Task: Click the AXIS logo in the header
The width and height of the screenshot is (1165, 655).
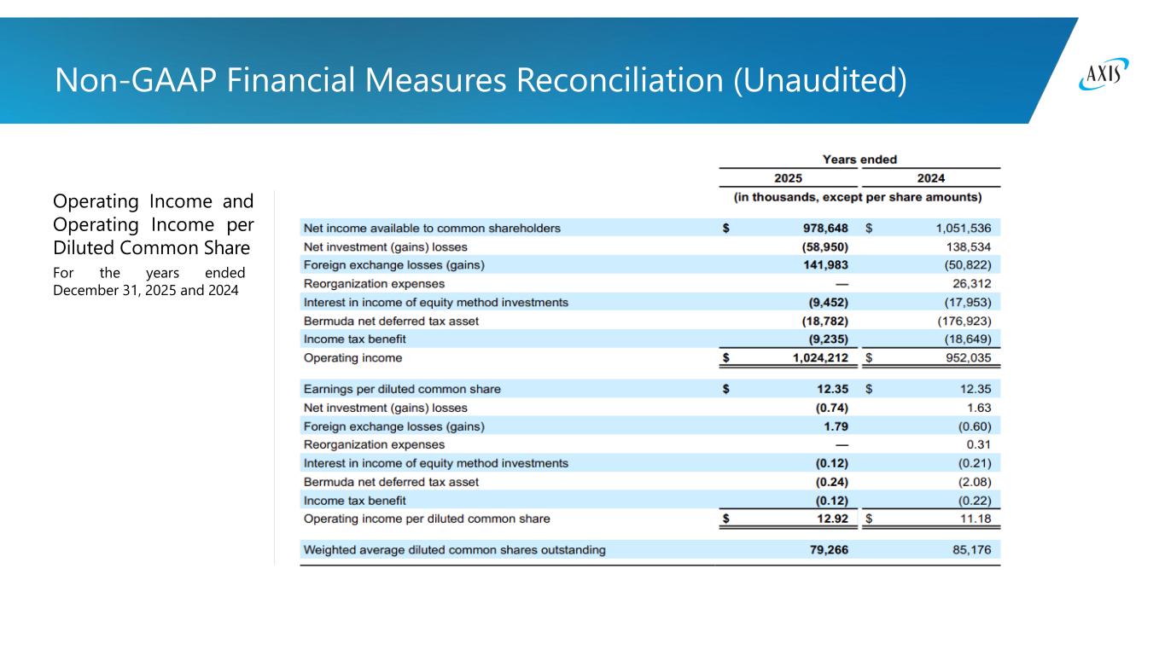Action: point(1104,75)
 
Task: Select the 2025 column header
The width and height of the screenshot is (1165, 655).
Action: point(788,178)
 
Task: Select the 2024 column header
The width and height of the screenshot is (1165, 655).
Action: point(930,178)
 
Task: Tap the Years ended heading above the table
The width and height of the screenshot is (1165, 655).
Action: point(859,159)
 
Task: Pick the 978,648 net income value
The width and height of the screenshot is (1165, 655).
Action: point(820,228)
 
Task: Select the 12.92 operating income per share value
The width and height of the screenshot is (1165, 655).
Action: point(831,519)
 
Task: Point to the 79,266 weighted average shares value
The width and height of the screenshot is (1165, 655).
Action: point(827,550)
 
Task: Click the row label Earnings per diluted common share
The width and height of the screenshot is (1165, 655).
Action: point(402,389)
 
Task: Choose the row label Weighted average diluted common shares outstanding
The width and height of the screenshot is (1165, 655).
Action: point(455,550)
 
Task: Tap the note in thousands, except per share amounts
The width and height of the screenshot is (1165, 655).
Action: point(858,197)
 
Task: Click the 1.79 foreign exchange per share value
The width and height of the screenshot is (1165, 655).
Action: point(836,426)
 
